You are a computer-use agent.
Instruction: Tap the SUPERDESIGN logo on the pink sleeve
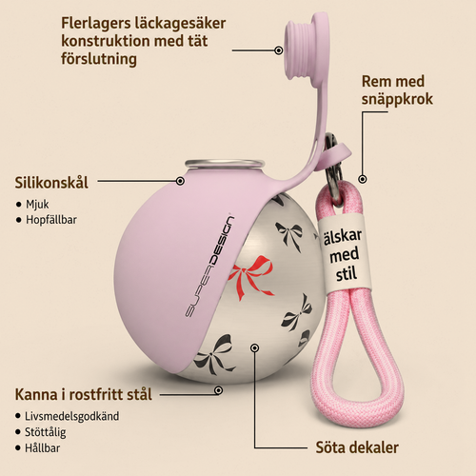[209, 267]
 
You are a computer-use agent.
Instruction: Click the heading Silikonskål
[51, 183]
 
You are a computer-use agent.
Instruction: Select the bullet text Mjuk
[37, 205]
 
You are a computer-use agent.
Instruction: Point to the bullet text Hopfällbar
[51, 220]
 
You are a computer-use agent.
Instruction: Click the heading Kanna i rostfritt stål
[84, 395]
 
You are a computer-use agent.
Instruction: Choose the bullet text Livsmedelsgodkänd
[72, 416]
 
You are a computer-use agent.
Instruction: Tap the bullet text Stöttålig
[46, 432]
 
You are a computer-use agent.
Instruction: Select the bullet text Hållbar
[43, 448]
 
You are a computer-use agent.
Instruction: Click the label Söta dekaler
[357, 447]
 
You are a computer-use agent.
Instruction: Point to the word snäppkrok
[397, 99]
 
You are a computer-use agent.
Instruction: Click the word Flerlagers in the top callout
[96, 23]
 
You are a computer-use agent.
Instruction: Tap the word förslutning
[99, 59]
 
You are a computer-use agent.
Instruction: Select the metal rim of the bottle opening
[225, 164]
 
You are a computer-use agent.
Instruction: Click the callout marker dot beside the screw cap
[279, 50]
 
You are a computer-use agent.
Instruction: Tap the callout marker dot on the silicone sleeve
[180, 181]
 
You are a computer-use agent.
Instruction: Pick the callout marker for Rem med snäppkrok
[363, 179]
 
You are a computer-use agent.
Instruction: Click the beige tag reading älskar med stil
[344, 253]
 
